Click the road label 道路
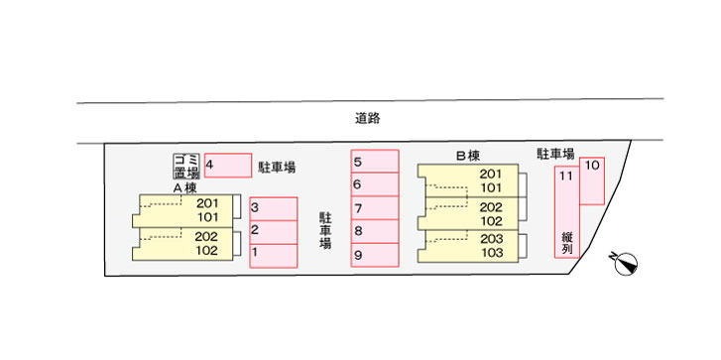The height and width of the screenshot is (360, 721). (x=367, y=119)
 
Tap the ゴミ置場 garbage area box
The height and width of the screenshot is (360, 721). (x=186, y=166)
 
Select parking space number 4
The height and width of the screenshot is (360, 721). (x=228, y=165)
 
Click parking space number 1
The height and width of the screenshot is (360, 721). (x=274, y=256)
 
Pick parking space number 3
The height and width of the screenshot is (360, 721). (x=274, y=208)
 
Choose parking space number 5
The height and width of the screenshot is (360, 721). (x=374, y=161)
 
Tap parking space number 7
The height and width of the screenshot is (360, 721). (x=374, y=208)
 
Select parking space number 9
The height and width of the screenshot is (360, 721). (x=374, y=255)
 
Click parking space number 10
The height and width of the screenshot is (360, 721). (x=592, y=181)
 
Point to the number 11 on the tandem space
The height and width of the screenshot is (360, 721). (x=566, y=176)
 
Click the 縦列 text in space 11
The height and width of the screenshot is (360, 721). (x=567, y=244)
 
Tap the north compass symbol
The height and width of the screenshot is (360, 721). (x=626, y=265)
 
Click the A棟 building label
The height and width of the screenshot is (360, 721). (x=184, y=187)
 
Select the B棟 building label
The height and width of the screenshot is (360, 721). (x=468, y=157)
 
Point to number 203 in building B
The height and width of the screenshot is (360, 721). (x=491, y=239)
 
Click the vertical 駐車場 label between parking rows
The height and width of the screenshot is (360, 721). (x=325, y=230)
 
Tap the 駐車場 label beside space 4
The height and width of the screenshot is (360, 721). (x=277, y=167)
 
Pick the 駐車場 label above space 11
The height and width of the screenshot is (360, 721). (x=556, y=153)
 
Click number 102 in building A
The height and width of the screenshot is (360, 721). (x=206, y=251)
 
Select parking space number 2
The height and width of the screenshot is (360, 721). (x=274, y=232)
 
